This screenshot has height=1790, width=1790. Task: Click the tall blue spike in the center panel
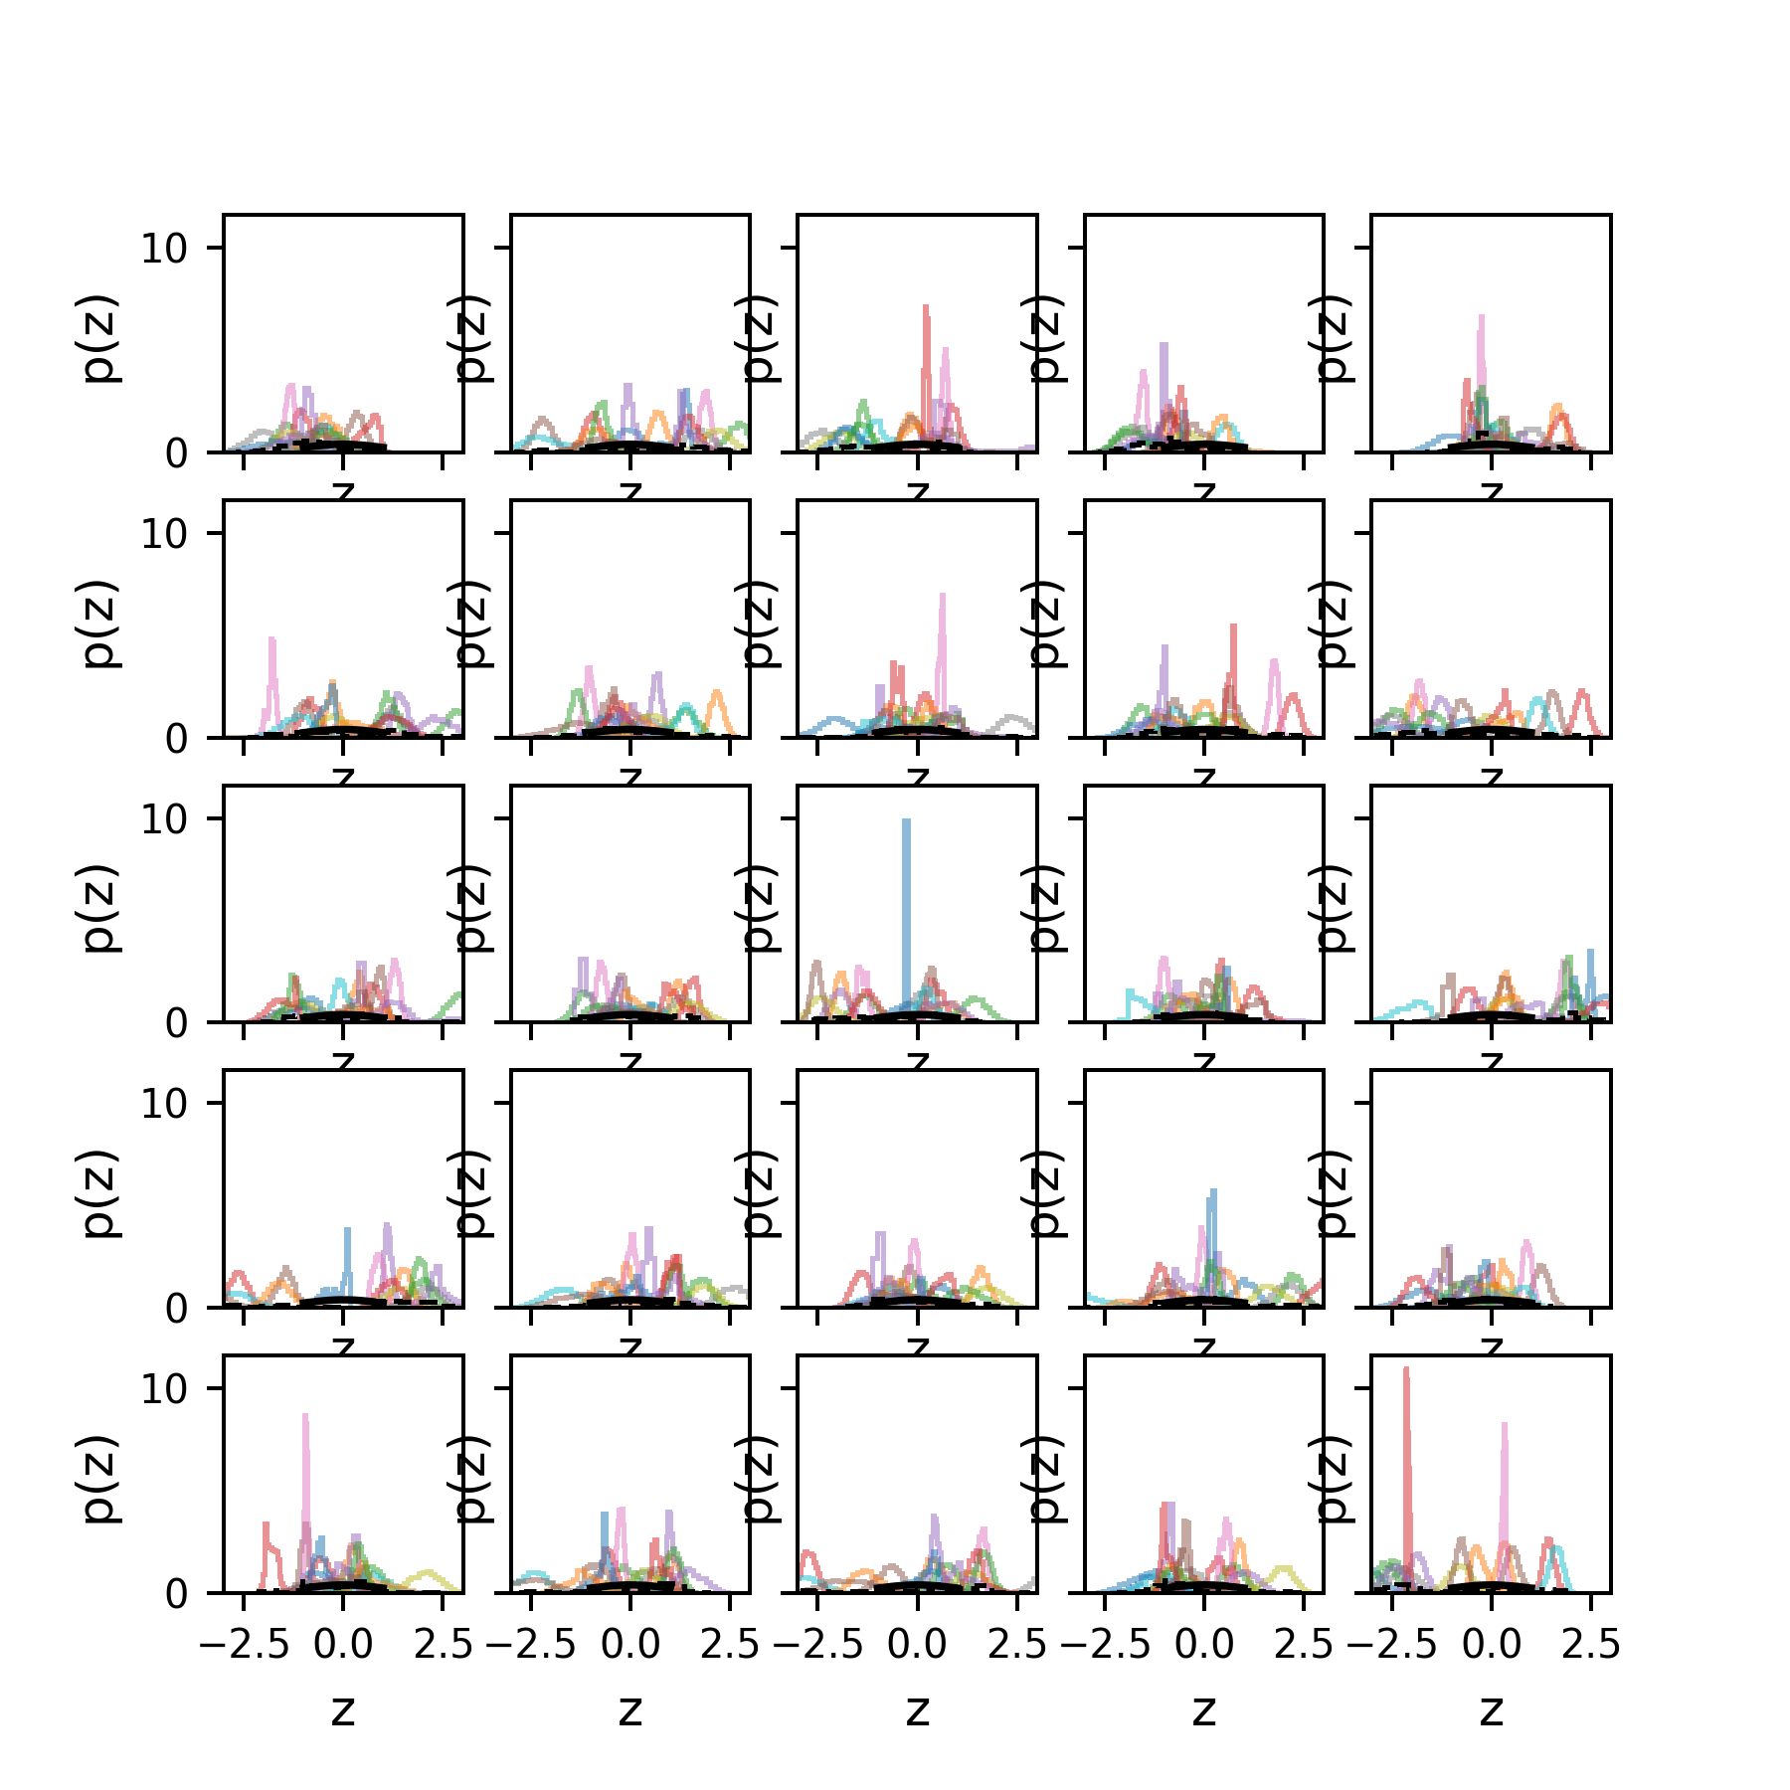[906, 895]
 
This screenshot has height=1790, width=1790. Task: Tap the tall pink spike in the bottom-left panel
[306, 1472]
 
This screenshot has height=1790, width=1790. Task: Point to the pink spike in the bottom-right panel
[1505, 1482]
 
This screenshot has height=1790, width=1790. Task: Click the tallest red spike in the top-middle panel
[926, 358]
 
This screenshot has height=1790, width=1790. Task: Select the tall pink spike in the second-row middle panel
[942, 646]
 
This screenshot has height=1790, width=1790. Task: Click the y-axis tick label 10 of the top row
[164, 248]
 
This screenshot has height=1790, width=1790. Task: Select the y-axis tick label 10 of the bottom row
[164, 1388]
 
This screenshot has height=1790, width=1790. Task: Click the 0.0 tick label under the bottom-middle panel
[917, 1645]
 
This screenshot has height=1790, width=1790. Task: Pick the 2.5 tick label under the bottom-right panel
[1590, 1645]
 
